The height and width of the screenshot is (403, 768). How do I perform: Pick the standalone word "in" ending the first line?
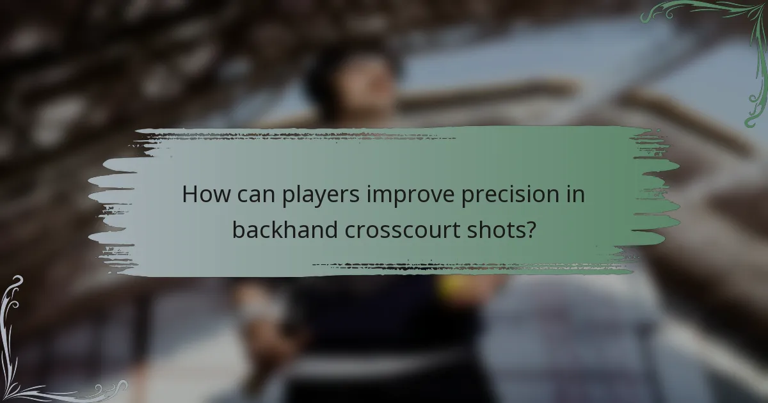(575, 194)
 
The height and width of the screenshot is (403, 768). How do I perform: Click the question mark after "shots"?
(530, 229)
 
